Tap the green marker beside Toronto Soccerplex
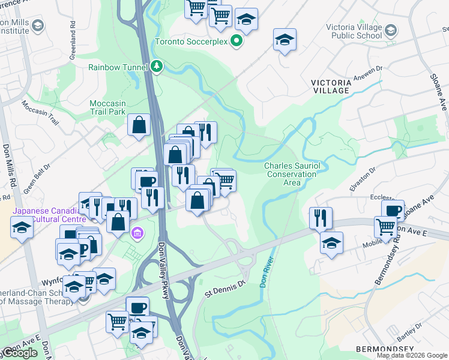tap(237, 41)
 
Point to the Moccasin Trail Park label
tap(107, 107)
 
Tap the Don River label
tap(267, 272)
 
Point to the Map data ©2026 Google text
tap(411, 355)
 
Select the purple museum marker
tap(137, 232)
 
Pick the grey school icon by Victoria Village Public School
tap(391, 29)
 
